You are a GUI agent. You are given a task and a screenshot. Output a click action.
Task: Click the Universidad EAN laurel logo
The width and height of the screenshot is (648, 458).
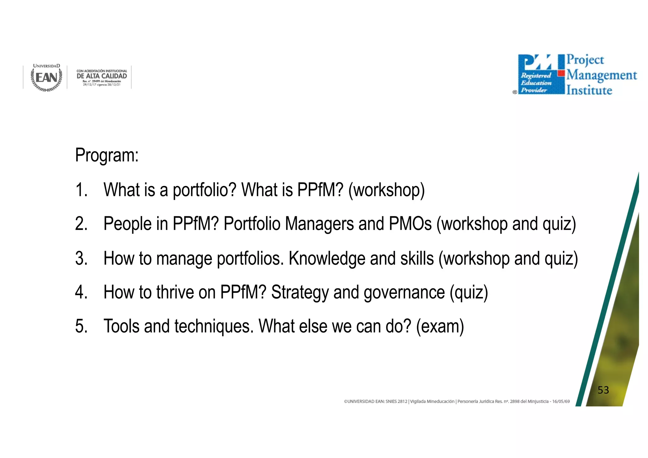[47, 78]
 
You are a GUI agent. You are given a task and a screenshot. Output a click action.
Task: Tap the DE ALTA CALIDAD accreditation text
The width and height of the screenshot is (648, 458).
[102, 76]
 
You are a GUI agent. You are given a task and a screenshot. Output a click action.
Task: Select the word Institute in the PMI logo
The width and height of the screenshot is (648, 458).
[589, 90]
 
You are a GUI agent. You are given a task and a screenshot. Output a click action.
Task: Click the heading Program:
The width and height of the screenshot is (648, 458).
[107, 155]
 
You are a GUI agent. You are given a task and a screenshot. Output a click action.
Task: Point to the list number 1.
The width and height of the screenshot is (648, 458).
[81, 190]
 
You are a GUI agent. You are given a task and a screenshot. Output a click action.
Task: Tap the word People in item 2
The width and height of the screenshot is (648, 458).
[128, 224]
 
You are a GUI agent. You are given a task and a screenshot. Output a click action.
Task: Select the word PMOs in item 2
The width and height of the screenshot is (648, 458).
[410, 224]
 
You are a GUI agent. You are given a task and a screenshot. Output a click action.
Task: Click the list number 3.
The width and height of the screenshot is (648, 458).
[81, 258]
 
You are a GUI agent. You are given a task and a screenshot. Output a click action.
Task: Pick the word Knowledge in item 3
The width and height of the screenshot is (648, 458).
[327, 258]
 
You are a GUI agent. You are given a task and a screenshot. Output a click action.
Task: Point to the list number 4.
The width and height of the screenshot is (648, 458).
[81, 292]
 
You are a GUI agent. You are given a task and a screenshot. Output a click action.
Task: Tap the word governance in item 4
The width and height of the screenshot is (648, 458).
[404, 292]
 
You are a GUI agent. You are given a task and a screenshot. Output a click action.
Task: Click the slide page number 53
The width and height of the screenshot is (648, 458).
[603, 390]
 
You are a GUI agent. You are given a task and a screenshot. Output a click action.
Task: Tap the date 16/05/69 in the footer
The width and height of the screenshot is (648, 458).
[561, 401]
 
